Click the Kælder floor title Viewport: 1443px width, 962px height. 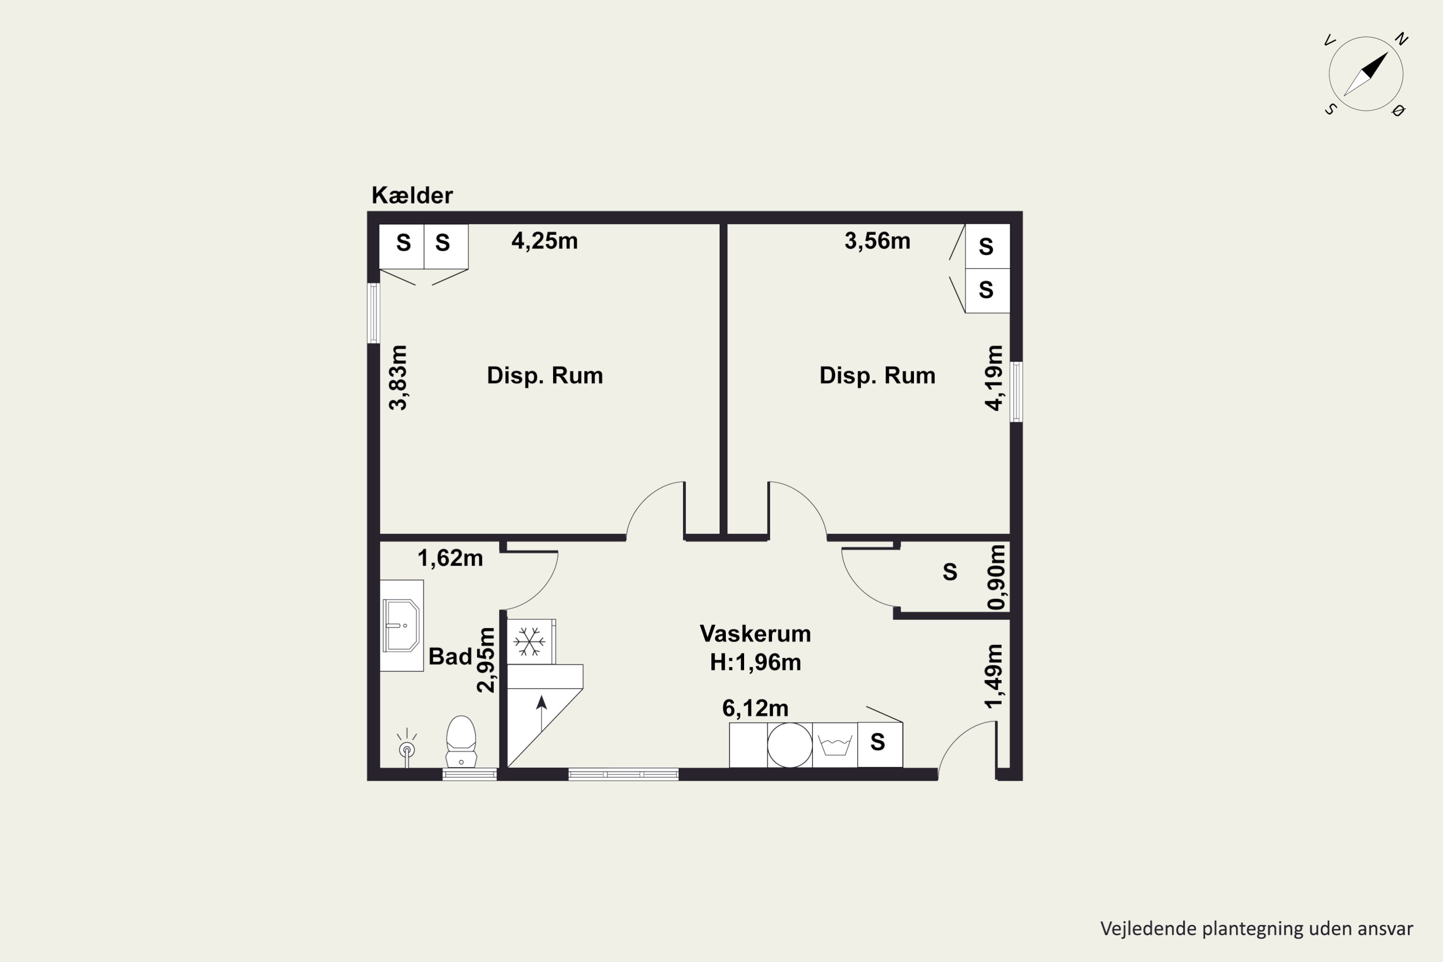tap(412, 195)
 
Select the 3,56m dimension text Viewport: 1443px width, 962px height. tap(877, 240)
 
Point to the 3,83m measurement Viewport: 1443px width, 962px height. tap(398, 377)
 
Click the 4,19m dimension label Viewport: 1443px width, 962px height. tap(994, 377)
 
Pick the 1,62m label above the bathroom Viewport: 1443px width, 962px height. tap(450, 557)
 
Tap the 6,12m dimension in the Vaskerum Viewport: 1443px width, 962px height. tap(755, 708)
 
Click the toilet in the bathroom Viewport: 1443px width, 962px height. tap(461, 741)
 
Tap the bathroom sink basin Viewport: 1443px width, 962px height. tap(401, 625)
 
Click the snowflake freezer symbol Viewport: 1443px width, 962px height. tap(529, 642)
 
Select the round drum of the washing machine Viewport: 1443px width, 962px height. tap(790, 745)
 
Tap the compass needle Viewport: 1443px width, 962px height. tap(1366, 74)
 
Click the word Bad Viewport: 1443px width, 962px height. tap(450, 657)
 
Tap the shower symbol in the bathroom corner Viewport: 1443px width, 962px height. tap(407, 747)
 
